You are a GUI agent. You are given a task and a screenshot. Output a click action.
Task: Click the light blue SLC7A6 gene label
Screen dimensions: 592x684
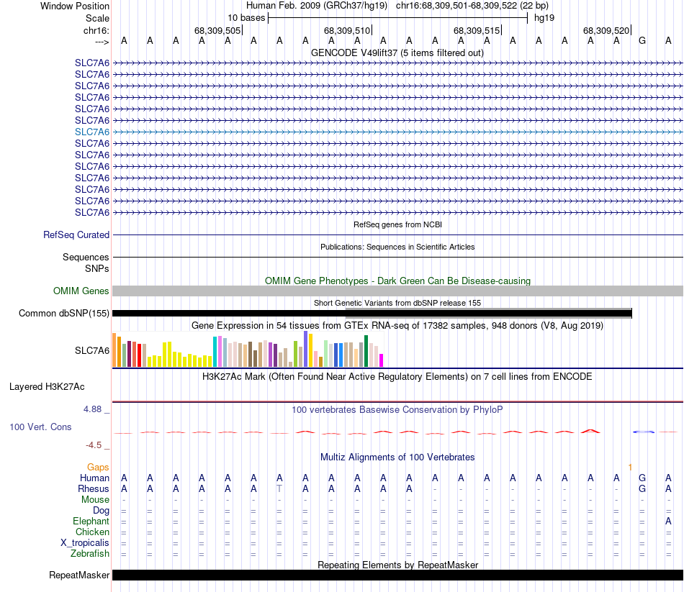pos(92,132)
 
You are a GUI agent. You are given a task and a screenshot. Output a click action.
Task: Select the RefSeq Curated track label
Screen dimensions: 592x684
pos(76,234)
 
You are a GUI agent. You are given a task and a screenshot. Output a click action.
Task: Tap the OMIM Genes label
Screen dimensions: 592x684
pos(81,291)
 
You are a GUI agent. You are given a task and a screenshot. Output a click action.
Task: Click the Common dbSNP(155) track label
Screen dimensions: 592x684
pos(64,313)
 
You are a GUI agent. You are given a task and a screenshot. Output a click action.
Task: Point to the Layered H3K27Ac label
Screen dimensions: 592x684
pos(47,386)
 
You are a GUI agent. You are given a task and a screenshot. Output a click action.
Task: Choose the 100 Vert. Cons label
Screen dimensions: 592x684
pos(40,427)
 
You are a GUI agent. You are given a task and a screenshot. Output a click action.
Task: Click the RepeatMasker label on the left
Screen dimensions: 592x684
pos(79,575)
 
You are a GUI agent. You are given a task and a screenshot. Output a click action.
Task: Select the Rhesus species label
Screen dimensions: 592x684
pos(94,488)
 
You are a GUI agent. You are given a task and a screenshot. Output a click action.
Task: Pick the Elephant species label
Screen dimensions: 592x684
pos(91,521)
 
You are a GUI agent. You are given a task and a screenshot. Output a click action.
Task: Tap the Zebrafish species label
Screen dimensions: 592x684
pos(90,553)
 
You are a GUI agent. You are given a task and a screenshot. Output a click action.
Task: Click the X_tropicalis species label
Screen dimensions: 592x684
pos(85,542)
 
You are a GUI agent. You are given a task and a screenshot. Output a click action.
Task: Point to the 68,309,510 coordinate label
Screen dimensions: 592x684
pos(347,30)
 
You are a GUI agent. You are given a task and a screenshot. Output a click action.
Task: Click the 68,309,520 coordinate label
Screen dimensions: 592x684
pos(606,30)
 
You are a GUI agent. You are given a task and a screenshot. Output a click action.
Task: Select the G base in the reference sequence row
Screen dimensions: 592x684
pos(642,41)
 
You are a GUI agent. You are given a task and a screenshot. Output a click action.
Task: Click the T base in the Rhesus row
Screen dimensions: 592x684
pos(279,488)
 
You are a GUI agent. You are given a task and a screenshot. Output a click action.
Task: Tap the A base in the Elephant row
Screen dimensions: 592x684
pos(668,521)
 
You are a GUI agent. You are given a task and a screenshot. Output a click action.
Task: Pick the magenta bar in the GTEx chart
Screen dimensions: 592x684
pos(382,360)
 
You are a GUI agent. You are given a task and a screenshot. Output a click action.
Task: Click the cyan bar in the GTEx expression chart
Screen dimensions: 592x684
pos(215,351)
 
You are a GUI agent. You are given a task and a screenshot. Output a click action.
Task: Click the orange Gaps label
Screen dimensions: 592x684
pos(99,467)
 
